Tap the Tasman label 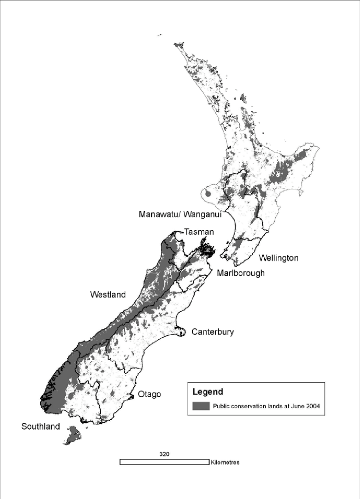click(199, 232)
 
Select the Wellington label click(279, 257)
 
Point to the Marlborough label click(241, 273)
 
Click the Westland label click(108, 295)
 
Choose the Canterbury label click(213, 332)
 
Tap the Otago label click(149, 394)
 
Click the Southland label click(41, 426)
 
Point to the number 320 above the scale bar click(165, 454)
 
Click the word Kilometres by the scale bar click(225, 462)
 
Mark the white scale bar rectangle click(164, 462)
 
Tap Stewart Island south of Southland click(72, 436)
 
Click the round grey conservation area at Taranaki click(208, 194)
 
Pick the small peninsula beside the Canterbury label click(182, 332)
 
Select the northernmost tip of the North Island click(177, 44)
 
